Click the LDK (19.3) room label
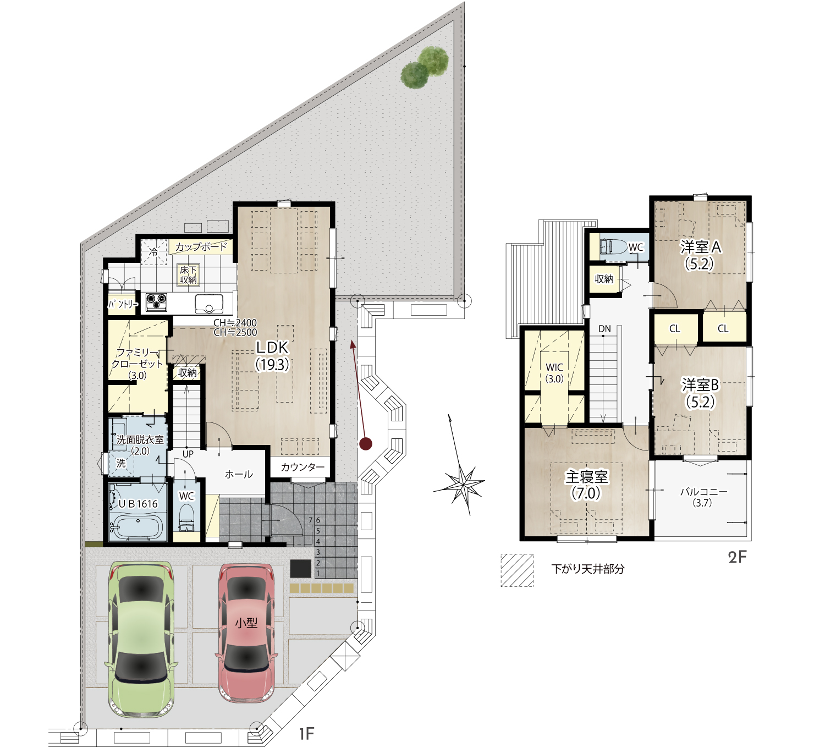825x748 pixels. pos(272,356)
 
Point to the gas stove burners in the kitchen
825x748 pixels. pos(156,301)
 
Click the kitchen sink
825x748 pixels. pos(209,304)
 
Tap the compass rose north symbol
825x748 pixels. pos(460,465)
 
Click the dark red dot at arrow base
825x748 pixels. pos(366,443)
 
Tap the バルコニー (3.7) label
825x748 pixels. pos(703,497)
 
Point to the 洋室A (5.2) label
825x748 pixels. pos(700,256)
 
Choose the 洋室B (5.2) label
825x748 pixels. pos(700,393)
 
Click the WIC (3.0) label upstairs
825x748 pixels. pos(554,373)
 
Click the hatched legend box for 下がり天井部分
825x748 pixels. pos(517,570)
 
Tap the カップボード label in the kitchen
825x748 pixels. pos(201,246)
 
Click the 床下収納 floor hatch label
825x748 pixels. pos(188,275)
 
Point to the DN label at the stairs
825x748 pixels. pos(604,329)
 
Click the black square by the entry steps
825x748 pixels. pos(301,569)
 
